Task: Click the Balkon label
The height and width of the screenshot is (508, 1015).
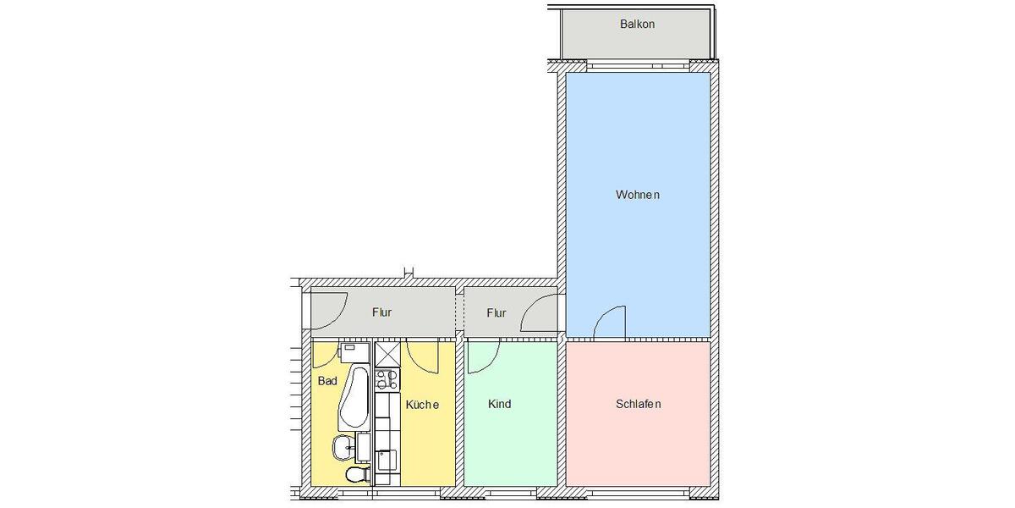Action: click(x=637, y=25)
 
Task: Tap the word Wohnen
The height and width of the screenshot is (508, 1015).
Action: click(x=637, y=196)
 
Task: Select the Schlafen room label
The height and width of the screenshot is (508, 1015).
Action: click(x=638, y=405)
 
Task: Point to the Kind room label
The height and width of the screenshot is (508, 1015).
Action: click(x=499, y=405)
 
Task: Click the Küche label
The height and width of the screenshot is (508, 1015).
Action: click(x=422, y=406)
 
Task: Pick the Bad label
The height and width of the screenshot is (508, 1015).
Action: click(x=327, y=382)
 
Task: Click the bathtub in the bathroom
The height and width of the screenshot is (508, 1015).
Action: click(x=353, y=399)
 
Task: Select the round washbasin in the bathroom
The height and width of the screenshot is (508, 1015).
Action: click(x=343, y=446)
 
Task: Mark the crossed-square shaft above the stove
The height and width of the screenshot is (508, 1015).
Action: click(x=387, y=353)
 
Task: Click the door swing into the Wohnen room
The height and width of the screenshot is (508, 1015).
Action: click(x=609, y=323)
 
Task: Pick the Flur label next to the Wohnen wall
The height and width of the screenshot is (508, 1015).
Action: click(x=497, y=313)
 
